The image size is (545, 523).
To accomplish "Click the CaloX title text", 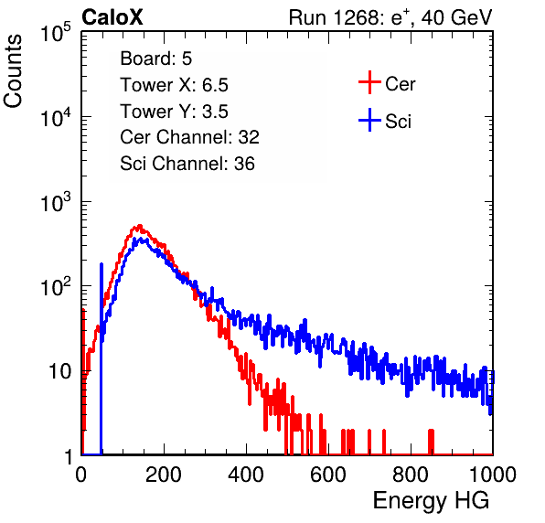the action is point(112,17).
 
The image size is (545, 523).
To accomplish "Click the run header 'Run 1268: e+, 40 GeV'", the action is point(390,17).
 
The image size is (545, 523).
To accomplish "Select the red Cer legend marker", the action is point(369,82).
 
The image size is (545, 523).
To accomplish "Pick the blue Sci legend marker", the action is point(369,120).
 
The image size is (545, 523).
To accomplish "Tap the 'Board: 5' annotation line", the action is point(156,59).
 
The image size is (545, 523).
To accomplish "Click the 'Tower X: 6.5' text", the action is point(174,85).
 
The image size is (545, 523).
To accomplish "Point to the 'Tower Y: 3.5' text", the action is point(174,112).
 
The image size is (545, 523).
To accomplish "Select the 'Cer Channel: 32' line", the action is point(190,137).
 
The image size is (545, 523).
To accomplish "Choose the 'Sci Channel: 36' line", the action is point(187,164).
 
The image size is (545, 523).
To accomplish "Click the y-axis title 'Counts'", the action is point(13,71).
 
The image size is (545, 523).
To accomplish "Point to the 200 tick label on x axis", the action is point(164,475).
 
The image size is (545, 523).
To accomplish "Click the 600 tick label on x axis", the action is point(328,475).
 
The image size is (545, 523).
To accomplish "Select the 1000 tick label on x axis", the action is point(493,475).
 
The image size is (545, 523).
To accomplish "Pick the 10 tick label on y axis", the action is point(59,371).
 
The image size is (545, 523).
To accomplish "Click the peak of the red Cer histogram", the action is point(139,226).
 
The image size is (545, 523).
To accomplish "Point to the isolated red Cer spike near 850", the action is point(431,442).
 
